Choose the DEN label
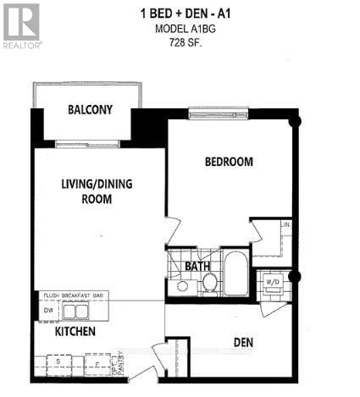246,343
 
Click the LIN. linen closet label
286,225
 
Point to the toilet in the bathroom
208,282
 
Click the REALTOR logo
21,25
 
